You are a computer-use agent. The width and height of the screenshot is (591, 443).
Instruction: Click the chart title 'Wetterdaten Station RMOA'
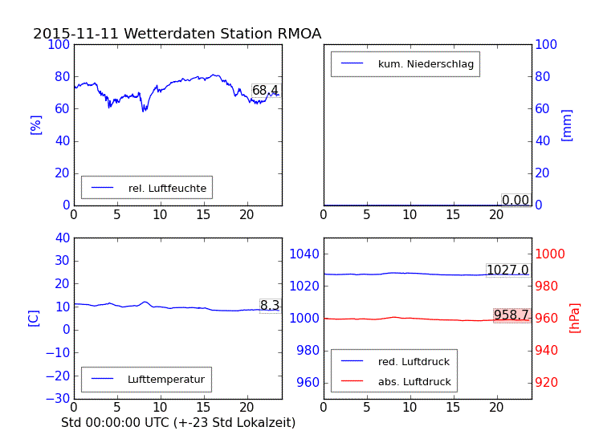(177, 34)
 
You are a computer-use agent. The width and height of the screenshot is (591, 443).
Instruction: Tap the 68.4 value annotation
(265, 91)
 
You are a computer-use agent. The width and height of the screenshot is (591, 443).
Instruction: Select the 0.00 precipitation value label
(516, 200)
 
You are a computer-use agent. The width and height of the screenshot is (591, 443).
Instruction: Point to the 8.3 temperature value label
(270, 306)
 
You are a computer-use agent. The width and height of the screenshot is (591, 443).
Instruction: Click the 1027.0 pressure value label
(507, 270)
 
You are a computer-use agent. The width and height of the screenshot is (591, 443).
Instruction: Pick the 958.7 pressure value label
(512, 315)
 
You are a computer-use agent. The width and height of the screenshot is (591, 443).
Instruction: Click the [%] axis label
(35, 124)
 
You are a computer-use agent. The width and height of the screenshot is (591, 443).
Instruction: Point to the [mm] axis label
(567, 125)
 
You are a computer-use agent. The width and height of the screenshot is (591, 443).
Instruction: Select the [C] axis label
(34, 318)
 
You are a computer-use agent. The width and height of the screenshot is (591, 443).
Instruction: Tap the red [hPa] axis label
(575, 318)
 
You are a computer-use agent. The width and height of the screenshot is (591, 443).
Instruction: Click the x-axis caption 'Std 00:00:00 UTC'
(178, 422)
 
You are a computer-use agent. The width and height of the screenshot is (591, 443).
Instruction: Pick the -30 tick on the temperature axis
(59, 398)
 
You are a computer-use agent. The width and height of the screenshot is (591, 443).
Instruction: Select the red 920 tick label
(551, 382)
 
